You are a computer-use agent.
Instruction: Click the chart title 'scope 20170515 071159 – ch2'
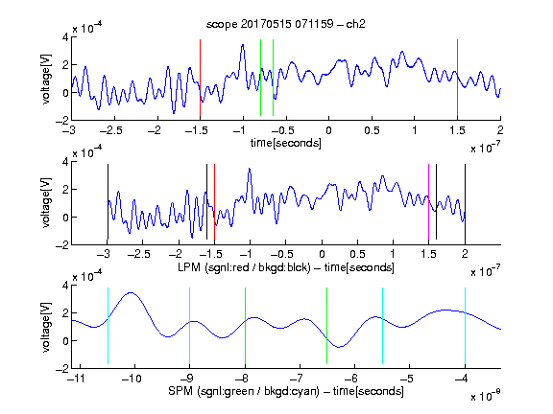(x=285, y=24)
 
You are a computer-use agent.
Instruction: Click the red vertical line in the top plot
(x=201, y=78)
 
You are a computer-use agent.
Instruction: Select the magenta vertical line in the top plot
(x=457, y=78)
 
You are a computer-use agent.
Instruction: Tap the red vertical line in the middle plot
(x=214, y=201)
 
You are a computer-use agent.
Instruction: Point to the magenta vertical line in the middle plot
(x=428, y=201)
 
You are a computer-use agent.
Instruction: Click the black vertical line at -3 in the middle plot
(x=108, y=201)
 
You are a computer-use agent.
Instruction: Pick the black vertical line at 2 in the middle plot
(x=465, y=201)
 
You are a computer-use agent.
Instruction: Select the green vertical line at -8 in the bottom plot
(x=245, y=326)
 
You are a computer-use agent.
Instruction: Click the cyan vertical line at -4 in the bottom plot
(x=465, y=326)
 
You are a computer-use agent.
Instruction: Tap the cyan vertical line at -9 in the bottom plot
(x=190, y=326)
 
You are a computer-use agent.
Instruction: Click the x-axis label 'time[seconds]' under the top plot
(x=286, y=143)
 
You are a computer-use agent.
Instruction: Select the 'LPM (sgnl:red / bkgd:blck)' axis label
(x=244, y=267)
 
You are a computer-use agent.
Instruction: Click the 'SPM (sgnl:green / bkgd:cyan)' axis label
(x=244, y=391)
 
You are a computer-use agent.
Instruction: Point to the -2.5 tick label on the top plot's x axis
(x=111, y=130)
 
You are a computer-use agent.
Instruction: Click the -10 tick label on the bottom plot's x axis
(x=132, y=379)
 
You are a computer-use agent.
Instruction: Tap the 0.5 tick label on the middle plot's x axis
(x=357, y=254)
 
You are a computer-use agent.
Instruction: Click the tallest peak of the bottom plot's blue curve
(x=132, y=292)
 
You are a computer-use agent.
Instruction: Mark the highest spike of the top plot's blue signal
(x=243, y=45)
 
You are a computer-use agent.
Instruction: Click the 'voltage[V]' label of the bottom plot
(x=46, y=327)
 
